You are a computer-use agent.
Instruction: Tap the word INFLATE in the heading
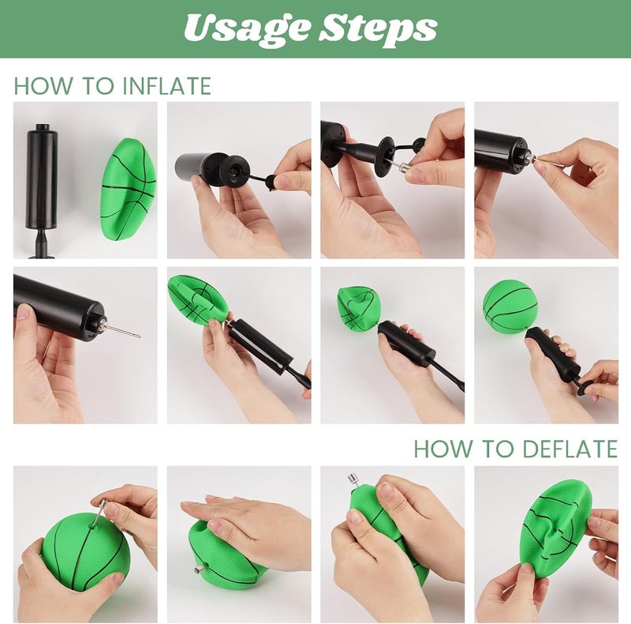167,86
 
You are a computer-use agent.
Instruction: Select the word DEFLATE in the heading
569,449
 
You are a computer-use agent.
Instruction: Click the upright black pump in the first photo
42,190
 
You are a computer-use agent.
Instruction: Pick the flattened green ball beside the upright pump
128,190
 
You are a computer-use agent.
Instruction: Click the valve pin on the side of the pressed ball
200,569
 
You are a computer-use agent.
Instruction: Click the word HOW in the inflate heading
43,86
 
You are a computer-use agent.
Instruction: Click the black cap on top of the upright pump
42,127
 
